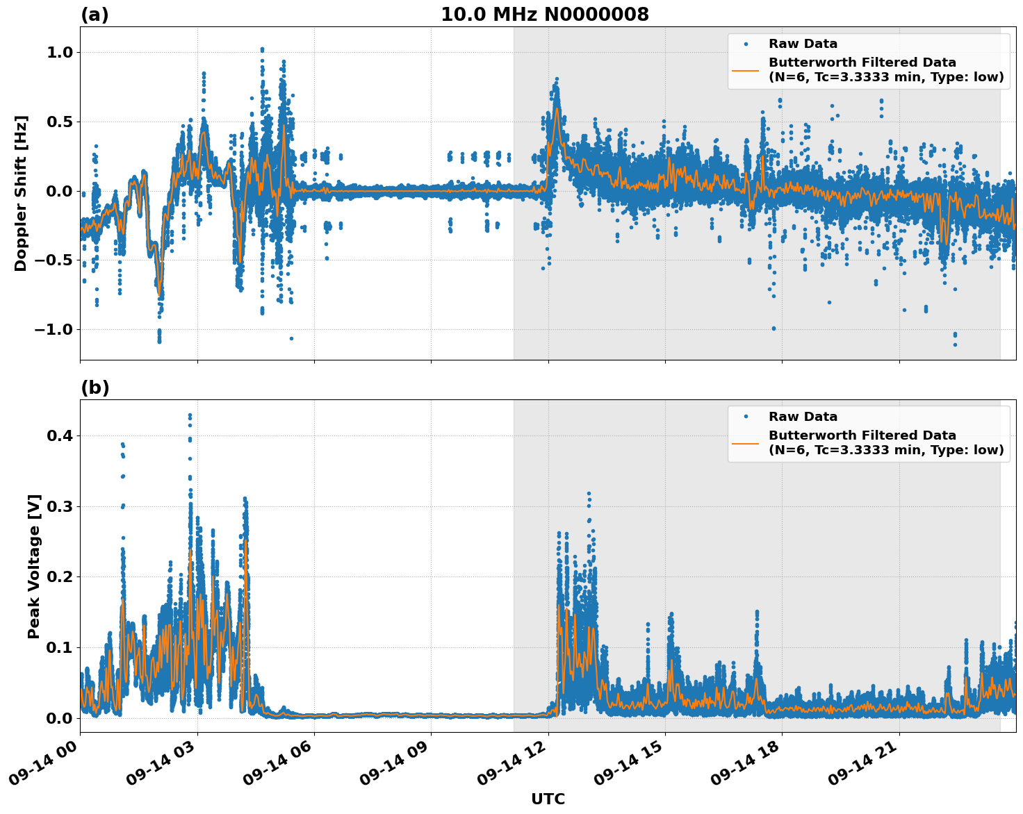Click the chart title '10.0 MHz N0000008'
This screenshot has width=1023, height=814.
click(x=544, y=15)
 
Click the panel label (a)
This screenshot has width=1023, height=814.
click(x=95, y=15)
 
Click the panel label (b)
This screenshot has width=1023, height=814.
click(x=95, y=388)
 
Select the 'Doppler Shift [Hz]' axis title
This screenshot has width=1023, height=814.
click(x=21, y=193)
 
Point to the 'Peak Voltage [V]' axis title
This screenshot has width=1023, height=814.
click(x=34, y=566)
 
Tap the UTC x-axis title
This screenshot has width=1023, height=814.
click(x=548, y=799)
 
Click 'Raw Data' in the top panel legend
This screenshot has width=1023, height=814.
click(x=803, y=44)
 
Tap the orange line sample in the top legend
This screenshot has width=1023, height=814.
click(x=746, y=69)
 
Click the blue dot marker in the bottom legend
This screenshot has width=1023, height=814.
click(x=746, y=417)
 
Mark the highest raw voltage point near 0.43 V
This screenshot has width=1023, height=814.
click(x=190, y=415)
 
